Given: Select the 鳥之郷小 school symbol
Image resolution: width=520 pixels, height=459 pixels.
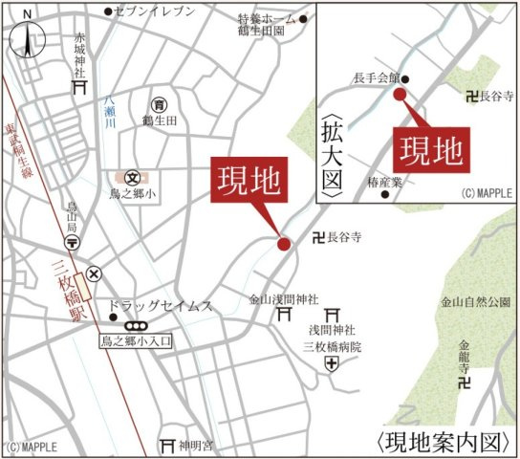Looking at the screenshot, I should click(132, 177).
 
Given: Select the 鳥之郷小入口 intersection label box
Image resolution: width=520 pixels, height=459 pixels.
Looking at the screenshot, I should click(138, 340).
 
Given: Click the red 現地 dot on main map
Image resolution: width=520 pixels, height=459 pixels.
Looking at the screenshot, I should click(284, 244).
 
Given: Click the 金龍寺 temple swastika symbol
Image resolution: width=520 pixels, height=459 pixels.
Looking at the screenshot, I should click(466, 383).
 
